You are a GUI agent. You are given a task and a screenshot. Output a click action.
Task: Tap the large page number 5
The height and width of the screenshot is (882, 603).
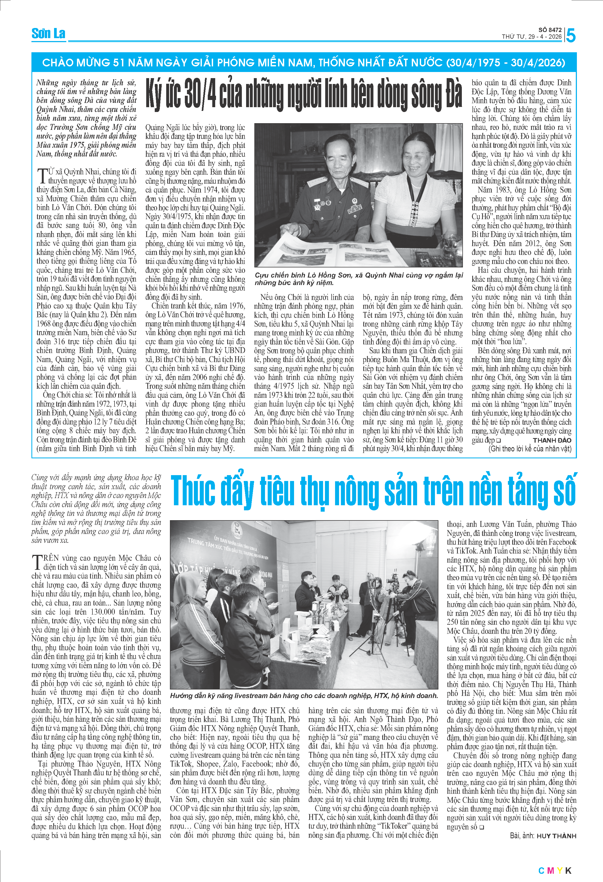pyautogui.click(x=571, y=36)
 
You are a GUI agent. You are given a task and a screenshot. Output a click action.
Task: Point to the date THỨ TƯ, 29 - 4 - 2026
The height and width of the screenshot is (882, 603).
pyautogui.click(x=531, y=37)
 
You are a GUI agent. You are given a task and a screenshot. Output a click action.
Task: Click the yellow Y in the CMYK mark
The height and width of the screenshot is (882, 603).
pyautogui.click(x=559, y=871)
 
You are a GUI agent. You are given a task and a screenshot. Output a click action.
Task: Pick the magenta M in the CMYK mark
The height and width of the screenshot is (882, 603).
pyautogui.click(x=550, y=871)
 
